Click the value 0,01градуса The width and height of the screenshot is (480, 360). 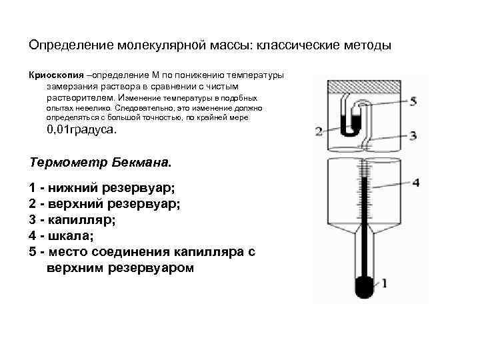click(x=81, y=130)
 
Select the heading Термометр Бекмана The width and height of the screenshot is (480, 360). click(x=101, y=162)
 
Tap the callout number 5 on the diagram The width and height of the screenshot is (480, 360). click(x=413, y=101)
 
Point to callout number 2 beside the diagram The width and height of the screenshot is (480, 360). click(x=319, y=131)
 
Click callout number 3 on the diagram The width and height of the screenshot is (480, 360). click(x=413, y=136)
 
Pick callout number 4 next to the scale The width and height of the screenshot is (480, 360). click(x=416, y=182)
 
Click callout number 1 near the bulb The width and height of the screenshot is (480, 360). click(x=384, y=283)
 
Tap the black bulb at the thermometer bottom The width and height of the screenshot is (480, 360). click(x=364, y=287)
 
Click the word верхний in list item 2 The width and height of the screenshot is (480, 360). click(x=74, y=204)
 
